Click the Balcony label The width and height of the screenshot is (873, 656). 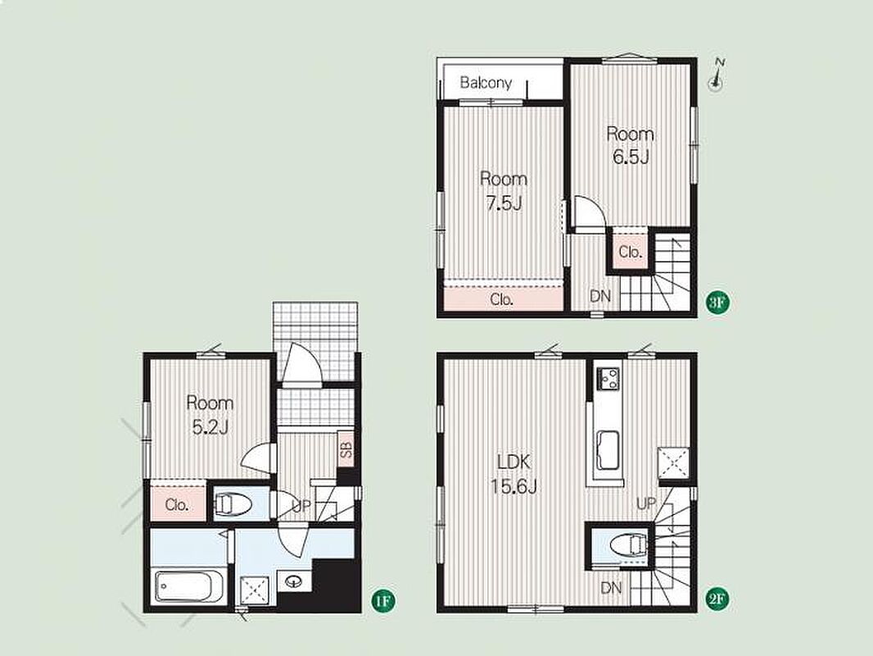(x=486, y=83)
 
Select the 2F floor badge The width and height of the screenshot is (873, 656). (x=717, y=599)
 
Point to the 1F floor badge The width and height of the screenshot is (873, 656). (x=383, y=601)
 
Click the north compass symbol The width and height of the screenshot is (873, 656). (x=716, y=75)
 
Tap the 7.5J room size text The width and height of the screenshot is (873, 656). (x=504, y=203)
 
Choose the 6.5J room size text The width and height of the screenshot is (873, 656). (x=631, y=157)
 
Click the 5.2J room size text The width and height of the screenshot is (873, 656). (x=210, y=427)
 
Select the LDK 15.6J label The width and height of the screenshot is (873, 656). (x=513, y=474)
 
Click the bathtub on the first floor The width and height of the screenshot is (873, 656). (x=183, y=585)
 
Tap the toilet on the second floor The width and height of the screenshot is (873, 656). (x=629, y=545)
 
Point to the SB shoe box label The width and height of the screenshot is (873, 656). (x=346, y=449)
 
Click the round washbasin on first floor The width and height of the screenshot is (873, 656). (x=293, y=582)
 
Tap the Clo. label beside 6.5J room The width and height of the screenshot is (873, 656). (x=631, y=252)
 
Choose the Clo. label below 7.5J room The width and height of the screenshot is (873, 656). (x=502, y=299)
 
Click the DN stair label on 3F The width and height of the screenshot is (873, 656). (x=600, y=296)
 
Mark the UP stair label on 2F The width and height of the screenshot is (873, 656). (x=646, y=503)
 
